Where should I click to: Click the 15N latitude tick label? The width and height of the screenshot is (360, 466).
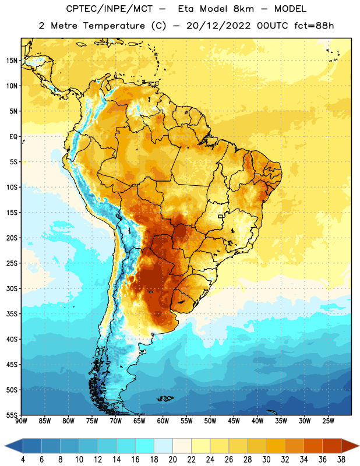[x=12, y=61]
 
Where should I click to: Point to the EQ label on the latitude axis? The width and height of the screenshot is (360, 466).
[x=13, y=137]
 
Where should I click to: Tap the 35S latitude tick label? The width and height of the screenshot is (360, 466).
[x=12, y=314]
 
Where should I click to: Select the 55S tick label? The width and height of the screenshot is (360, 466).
[x=12, y=415]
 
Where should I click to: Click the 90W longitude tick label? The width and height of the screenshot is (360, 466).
[x=21, y=421]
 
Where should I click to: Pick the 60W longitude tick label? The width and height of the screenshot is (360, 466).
[x=163, y=421]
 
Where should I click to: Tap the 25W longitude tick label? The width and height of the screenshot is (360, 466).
[x=328, y=421]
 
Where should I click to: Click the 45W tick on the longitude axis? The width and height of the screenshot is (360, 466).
[x=234, y=421]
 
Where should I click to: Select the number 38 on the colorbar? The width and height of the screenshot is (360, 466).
[x=341, y=460]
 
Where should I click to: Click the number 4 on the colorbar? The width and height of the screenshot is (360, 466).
[x=23, y=460]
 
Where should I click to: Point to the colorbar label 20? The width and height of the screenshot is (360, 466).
[x=172, y=460]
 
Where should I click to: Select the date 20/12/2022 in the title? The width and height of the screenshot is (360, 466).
[x=218, y=26]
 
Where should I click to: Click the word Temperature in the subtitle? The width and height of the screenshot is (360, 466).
[x=114, y=26]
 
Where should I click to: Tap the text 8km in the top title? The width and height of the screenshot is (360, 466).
[x=243, y=9]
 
